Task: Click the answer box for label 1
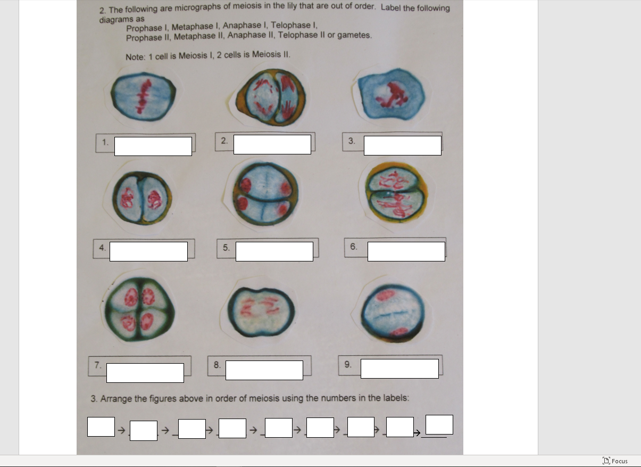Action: click(153, 146)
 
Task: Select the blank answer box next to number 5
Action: click(274, 251)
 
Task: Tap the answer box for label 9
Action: click(399, 368)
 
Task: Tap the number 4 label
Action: click(102, 247)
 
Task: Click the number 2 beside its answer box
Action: click(224, 141)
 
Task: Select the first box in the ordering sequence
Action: click(101, 427)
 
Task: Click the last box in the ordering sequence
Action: click(439, 425)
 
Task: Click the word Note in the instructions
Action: click(134, 56)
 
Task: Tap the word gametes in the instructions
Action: click(354, 35)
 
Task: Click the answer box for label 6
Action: click(406, 251)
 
